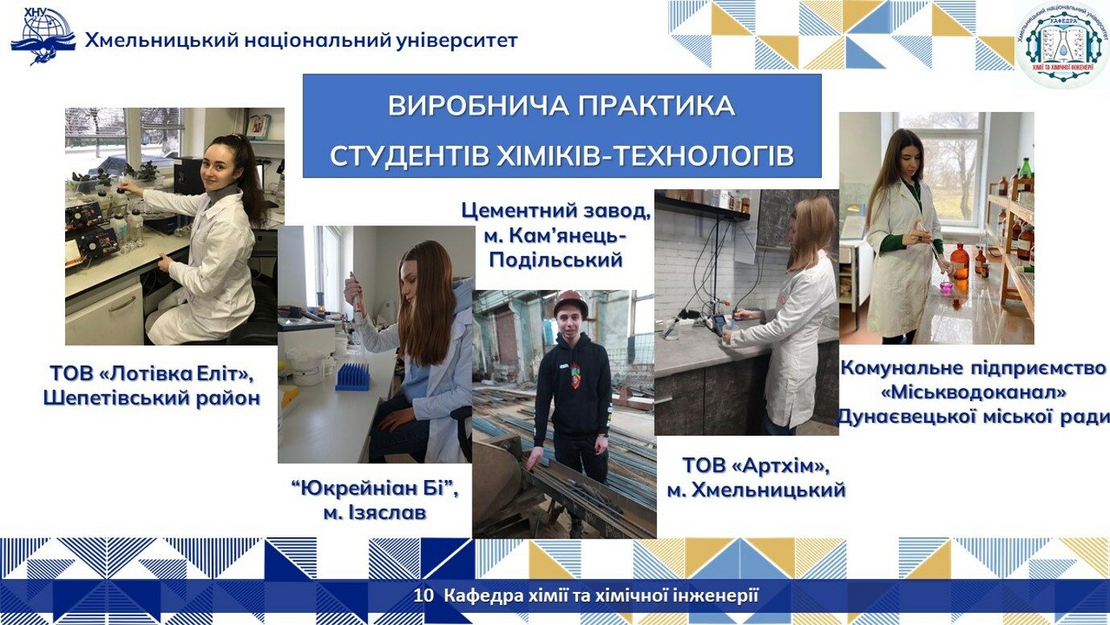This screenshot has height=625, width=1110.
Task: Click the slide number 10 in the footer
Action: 423,595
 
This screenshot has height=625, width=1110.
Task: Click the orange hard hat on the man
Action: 571,302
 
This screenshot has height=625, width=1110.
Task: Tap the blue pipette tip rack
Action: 353,377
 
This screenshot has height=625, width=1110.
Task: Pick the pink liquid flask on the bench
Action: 947,287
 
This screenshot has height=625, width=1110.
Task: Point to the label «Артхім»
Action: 781,466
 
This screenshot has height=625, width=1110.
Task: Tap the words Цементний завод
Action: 556,211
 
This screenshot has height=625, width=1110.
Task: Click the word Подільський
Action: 556,259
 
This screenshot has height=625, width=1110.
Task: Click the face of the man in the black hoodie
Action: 571,324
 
